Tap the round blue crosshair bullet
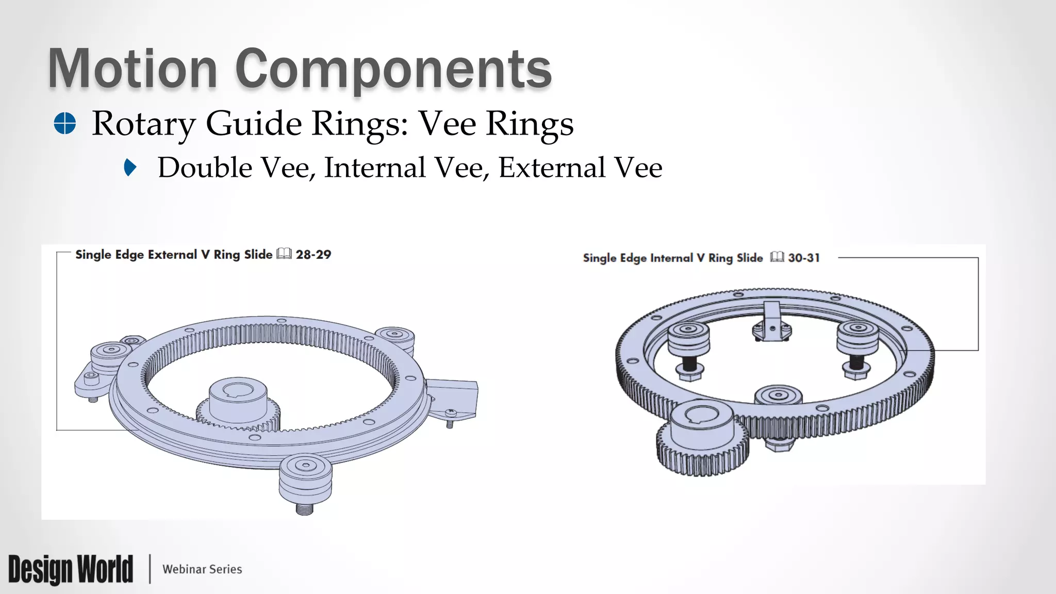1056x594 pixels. tap(65, 124)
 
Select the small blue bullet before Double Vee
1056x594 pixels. tap(130, 168)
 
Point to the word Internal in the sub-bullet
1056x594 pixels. tap(375, 168)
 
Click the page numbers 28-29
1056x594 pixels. tap(313, 255)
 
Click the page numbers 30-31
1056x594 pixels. tap(804, 258)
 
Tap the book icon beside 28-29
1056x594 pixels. tap(284, 254)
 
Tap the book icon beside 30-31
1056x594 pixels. tap(777, 257)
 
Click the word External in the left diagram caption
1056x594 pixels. tap(172, 255)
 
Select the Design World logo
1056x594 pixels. tap(71, 569)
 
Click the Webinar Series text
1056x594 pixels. tap(202, 569)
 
